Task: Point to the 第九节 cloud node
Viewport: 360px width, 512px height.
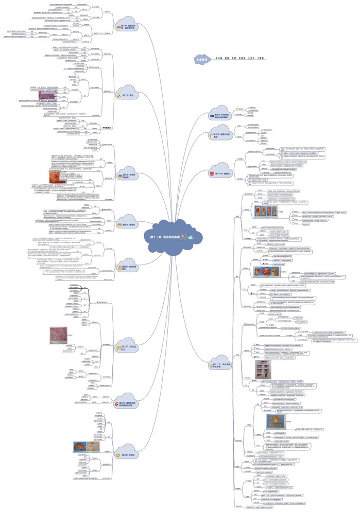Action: [219, 116]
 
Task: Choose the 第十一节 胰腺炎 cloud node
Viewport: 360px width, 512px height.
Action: [219, 173]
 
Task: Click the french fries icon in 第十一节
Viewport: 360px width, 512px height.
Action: [212, 174]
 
